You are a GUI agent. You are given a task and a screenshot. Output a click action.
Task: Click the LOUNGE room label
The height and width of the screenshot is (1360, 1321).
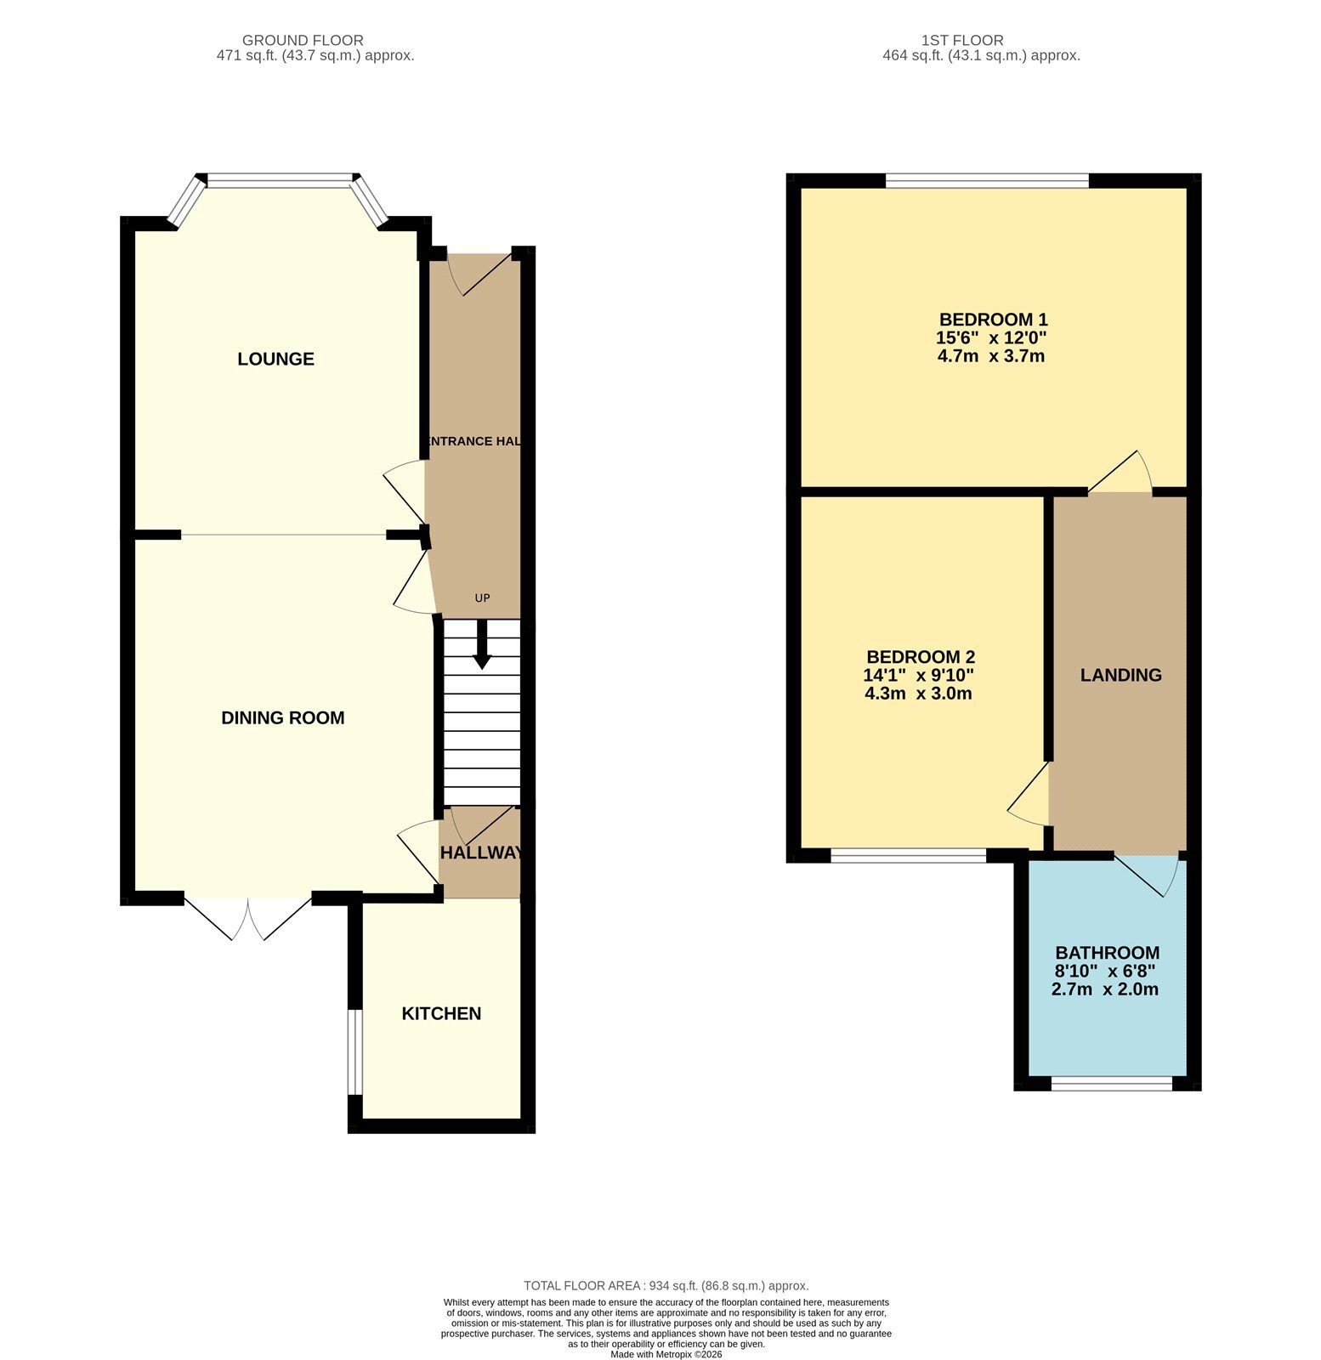[x=275, y=359]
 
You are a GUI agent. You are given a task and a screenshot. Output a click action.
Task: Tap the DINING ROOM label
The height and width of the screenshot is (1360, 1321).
[x=282, y=717]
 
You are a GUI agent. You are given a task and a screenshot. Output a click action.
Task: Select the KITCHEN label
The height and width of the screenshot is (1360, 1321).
[x=441, y=1013]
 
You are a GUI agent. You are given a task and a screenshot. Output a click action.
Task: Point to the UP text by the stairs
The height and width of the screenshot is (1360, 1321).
[x=482, y=598]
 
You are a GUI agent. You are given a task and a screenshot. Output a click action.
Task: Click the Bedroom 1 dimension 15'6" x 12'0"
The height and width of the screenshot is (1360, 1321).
[x=991, y=337]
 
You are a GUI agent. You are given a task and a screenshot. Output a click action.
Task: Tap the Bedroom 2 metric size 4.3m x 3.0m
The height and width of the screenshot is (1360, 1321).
[x=918, y=694]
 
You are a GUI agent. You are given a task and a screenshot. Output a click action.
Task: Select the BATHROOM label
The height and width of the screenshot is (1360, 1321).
[x=1107, y=953]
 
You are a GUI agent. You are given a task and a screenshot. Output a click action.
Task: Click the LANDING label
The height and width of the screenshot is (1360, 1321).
[x=1120, y=675]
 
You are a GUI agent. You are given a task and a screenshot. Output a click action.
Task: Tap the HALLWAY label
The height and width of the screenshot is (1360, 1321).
[x=480, y=853]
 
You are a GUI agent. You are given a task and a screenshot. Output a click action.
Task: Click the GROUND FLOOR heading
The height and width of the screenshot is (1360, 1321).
[x=303, y=40]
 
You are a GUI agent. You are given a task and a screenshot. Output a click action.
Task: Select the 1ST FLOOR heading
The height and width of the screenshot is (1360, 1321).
[x=962, y=40]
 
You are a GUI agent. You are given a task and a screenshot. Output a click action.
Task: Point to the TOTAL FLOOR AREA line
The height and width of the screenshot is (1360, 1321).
[x=666, y=1286]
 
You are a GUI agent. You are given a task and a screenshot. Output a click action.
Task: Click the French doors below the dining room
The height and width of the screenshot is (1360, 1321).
[x=247, y=916]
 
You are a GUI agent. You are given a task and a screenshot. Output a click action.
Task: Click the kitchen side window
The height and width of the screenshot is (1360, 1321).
[x=356, y=1051]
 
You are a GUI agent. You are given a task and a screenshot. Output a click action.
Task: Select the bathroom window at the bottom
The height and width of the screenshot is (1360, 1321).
[x=1111, y=1083]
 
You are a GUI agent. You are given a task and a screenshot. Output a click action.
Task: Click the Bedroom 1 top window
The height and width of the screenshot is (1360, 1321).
[x=987, y=180]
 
